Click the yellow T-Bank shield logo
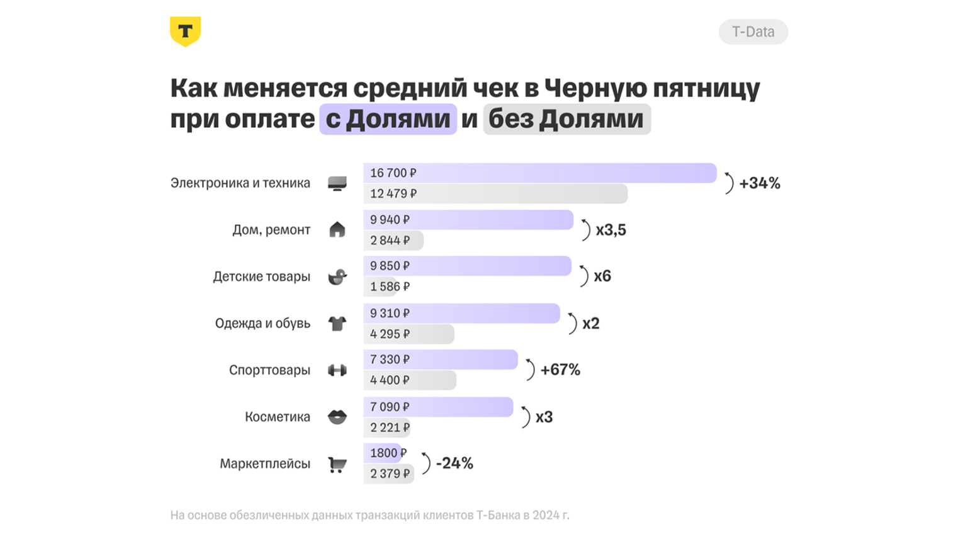tap(185, 31)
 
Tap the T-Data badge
tap(753, 32)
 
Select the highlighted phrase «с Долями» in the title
tap(388, 119)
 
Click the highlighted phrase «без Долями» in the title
tap(566, 119)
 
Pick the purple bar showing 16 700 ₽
tap(539, 173)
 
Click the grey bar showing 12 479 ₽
tap(495, 194)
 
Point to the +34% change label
tap(760, 183)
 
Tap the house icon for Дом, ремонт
tap(337, 230)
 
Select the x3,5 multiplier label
tap(611, 230)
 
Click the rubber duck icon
tap(337, 276)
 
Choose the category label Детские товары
tap(261, 276)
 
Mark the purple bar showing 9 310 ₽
tap(461, 313)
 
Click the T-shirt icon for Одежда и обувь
tap(337, 324)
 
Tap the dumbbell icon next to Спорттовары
tap(337, 370)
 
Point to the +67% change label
tap(560, 370)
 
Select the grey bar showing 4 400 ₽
tap(409, 380)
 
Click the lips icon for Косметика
tap(337, 417)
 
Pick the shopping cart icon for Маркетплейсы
tap(337, 465)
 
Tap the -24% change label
tap(454, 463)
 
